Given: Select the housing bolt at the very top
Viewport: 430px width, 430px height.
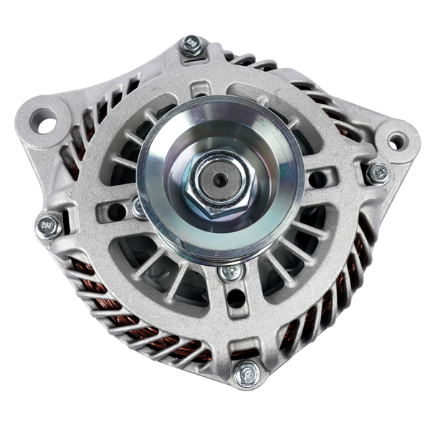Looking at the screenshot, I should [x=192, y=45].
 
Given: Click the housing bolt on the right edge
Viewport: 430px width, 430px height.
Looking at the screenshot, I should [x=377, y=173].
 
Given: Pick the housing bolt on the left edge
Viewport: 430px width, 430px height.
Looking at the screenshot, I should [x=49, y=226].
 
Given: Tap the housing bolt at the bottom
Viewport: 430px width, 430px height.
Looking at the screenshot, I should [x=248, y=373].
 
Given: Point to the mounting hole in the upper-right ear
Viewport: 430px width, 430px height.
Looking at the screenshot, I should [x=395, y=141].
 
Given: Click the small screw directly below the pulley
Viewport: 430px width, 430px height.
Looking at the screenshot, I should [x=231, y=273].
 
